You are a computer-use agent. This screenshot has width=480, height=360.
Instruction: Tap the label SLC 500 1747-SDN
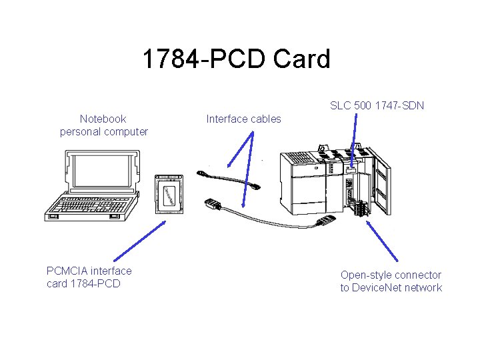[377, 105]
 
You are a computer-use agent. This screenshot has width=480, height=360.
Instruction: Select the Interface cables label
[243, 119]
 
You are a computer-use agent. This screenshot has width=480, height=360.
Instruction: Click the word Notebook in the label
[103, 119]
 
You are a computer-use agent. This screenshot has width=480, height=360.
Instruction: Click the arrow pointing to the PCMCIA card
[139, 241]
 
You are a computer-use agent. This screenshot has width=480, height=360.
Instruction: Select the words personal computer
[104, 131]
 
